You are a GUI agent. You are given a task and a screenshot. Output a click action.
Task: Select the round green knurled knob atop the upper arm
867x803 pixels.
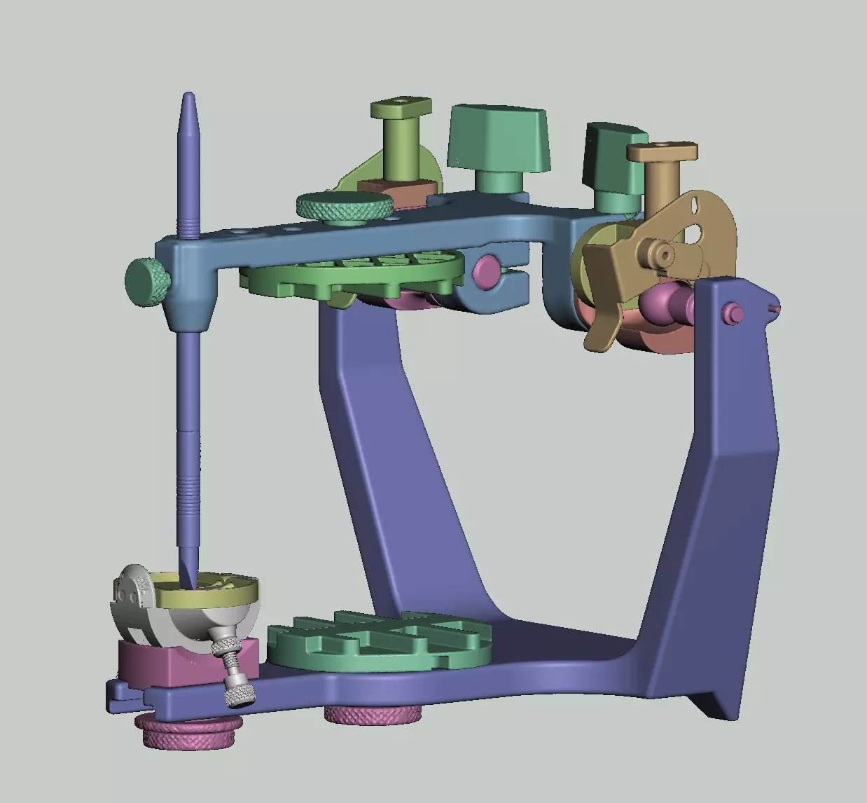344,207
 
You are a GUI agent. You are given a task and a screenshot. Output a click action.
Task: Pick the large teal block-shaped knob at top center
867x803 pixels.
499,137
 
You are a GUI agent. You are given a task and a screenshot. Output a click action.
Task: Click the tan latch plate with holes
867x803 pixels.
690,238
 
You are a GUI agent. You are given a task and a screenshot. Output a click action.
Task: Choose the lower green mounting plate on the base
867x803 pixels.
378,641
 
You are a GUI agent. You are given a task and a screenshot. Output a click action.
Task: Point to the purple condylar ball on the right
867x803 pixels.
665,301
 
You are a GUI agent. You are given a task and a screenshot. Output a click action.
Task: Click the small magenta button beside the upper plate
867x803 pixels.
486,268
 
